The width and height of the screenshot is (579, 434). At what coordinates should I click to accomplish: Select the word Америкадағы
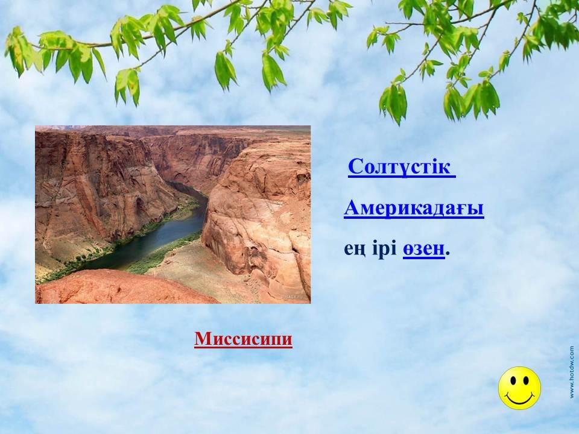[414, 209]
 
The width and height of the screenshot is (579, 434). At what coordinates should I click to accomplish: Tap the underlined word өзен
[423, 250]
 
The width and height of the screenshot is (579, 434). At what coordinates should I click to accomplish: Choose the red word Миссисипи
[243, 339]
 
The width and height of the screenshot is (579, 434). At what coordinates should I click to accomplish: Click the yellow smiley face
[519, 388]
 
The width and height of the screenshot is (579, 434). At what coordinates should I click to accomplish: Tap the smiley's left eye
[513, 382]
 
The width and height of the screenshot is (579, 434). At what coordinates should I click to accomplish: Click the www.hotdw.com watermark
[572, 371]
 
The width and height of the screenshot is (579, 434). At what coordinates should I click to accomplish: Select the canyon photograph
[173, 215]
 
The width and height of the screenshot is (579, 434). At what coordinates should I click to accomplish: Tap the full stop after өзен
[448, 254]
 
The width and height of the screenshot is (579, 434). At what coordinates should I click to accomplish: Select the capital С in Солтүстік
[355, 167]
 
